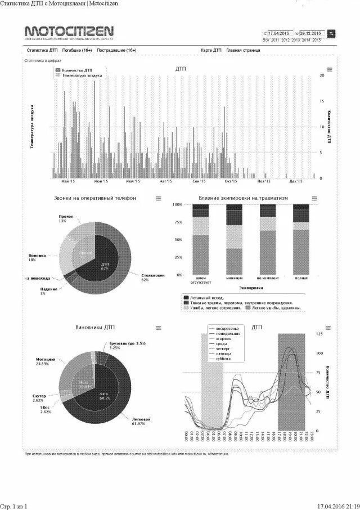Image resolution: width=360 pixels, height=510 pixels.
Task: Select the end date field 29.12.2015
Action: pyautogui.click(x=312, y=33)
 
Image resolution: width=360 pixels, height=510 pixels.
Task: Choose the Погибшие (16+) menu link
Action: pyautogui.click(x=77, y=50)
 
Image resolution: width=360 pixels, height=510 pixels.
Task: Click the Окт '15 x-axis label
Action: pyautogui.click(x=231, y=182)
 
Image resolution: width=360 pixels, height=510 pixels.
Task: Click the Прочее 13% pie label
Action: pyautogui.click(x=66, y=218)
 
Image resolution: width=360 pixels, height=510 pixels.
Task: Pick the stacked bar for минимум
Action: pyautogui.click(x=233, y=239)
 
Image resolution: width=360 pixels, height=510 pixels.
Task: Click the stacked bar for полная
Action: pyautogui.click(x=301, y=239)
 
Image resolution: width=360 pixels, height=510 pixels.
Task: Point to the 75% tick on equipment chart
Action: pyautogui.click(x=177, y=222)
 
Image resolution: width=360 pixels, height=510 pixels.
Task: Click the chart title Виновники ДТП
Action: pyautogui.click(x=94, y=327)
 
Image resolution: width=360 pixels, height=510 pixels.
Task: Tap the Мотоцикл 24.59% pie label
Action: pyautogui.click(x=45, y=361)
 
